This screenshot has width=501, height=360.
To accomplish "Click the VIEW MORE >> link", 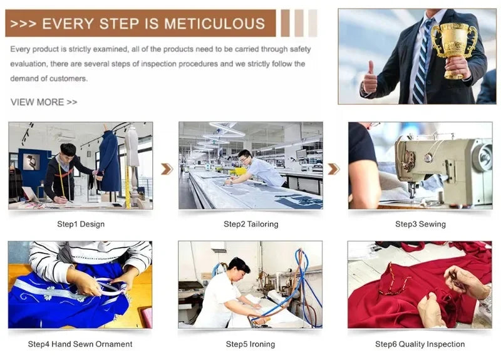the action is pyautogui.click(x=44, y=102).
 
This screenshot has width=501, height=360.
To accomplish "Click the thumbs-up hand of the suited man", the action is pyautogui.click(x=369, y=78).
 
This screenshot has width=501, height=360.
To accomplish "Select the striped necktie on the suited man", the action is pyautogui.click(x=421, y=61).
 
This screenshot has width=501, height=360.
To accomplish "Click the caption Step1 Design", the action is pyautogui.click(x=81, y=224).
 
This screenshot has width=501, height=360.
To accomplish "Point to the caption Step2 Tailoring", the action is pyautogui.click(x=251, y=224).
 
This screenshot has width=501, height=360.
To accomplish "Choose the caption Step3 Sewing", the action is pyautogui.click(x=420, y=224).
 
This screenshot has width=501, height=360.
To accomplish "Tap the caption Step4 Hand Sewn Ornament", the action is pyautogui.click(x=80, y=344).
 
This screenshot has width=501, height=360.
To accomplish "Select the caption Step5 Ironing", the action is pyautogui.click(x=250, y=344).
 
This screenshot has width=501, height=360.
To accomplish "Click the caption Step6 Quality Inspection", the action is pyautogui.click(x=420, y=344).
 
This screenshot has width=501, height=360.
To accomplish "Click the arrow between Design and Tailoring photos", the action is pyautogui.click(x=167, y=169).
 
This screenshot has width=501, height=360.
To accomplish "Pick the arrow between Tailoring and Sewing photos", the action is pyautogui.click(x=334, y=169).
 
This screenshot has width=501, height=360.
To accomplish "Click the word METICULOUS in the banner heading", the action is pyautogui.click(x=214, y=24).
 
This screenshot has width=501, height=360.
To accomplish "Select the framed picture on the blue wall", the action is pyautogui.click(x=32, y=162).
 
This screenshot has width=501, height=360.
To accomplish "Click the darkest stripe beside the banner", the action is pyautogui.click(x=286, y=23).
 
